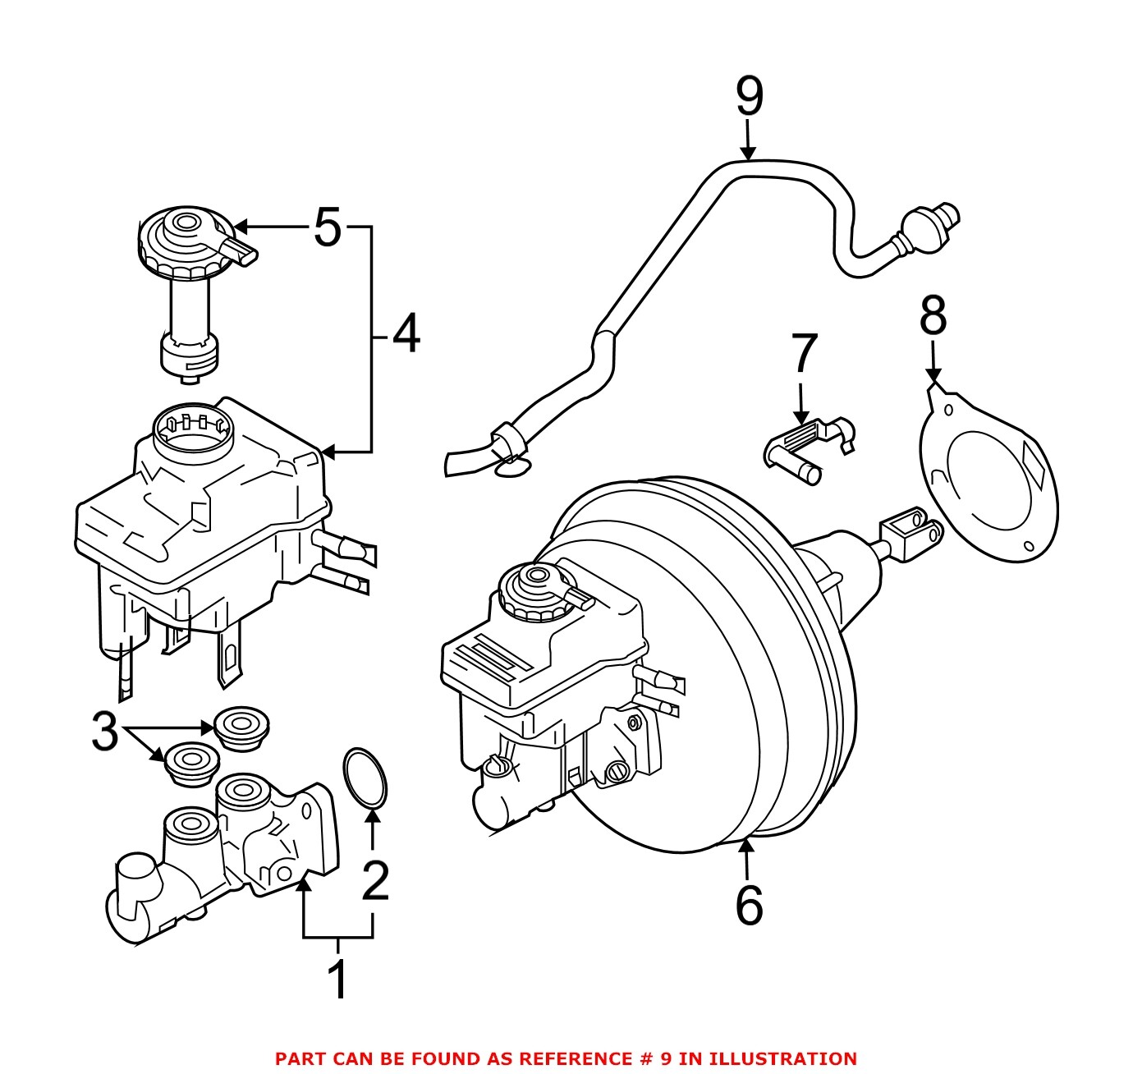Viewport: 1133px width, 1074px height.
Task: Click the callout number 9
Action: point(749,97)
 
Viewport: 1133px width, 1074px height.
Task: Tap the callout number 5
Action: point(327,227)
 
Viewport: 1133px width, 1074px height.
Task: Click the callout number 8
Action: point(933,315)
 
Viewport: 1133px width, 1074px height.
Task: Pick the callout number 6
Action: point(749,905)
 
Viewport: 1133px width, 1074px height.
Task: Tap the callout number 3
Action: point(104,731)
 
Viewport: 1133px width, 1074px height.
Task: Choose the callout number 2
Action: point(374,880)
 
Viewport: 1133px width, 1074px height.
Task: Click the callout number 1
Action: point(337,979)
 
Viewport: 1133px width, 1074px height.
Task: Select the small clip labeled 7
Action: point(809,447)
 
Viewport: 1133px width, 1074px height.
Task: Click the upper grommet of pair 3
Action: point(242,727)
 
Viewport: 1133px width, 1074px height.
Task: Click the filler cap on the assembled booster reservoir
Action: point(537,590)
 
